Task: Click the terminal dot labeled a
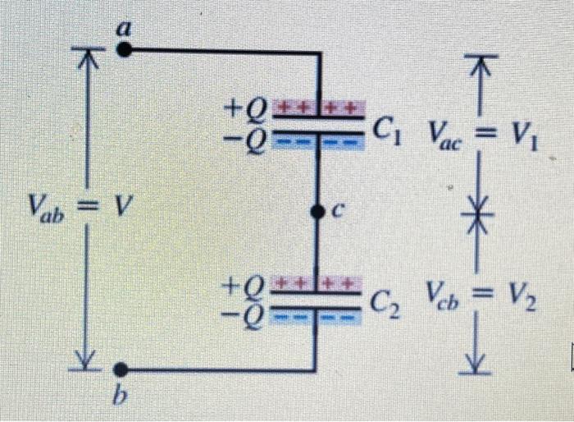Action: [124, 50]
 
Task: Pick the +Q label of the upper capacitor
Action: [245, 108]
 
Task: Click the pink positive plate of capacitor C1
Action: [318, 108]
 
